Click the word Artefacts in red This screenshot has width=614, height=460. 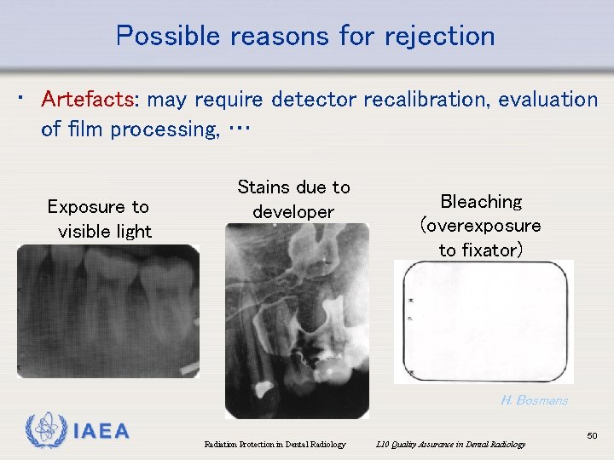(87, 101)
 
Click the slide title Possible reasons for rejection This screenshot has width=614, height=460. (305, 36)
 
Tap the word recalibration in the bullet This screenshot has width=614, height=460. (426, 101)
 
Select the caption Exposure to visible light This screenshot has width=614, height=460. (99, 219)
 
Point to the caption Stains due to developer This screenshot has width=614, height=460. (293, 198)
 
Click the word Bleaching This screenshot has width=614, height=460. (480, 202)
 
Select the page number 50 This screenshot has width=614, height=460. (593, 436)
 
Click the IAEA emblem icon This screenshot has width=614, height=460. (43, 430)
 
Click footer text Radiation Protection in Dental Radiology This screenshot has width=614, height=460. (275, 444)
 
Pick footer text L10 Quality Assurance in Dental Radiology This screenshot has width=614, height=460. (451, 444)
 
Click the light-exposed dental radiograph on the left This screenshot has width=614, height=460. (108, 312)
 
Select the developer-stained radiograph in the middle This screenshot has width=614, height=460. (297, 320)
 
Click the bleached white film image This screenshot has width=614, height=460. (483, 321)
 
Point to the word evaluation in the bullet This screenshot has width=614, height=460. (548, 101)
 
